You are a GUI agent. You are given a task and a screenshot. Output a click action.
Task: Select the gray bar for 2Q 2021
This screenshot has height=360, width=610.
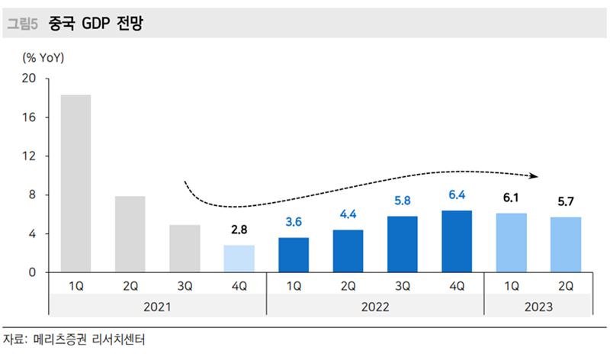[x=130, y=234]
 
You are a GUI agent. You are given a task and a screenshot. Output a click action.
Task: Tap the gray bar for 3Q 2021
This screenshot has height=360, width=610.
[x=185, y=249]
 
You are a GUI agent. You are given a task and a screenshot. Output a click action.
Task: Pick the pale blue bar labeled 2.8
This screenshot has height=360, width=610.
[x=239, y=259]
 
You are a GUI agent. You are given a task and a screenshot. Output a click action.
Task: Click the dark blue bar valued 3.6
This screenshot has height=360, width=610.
[x=294, y=255]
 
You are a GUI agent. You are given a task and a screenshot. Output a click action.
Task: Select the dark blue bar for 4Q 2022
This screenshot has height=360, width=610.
[x=457, y=241]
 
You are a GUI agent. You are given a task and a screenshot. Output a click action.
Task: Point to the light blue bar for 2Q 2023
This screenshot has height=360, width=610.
[x=566, y=245]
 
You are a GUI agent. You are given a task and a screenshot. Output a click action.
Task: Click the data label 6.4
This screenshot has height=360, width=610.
[x=457, y=195]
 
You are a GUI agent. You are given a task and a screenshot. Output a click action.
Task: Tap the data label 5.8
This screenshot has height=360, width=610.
[x=403, y=201]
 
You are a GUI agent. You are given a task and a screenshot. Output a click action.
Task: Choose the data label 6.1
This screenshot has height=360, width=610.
[x=511, y=198]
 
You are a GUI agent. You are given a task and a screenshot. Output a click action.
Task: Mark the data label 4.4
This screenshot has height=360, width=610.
[x=348, y=215]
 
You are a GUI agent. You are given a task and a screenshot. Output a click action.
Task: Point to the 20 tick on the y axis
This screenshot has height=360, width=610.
[x=30, y=79]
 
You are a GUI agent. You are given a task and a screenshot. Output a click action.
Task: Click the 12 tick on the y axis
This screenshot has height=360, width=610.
[x=30, y=156]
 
